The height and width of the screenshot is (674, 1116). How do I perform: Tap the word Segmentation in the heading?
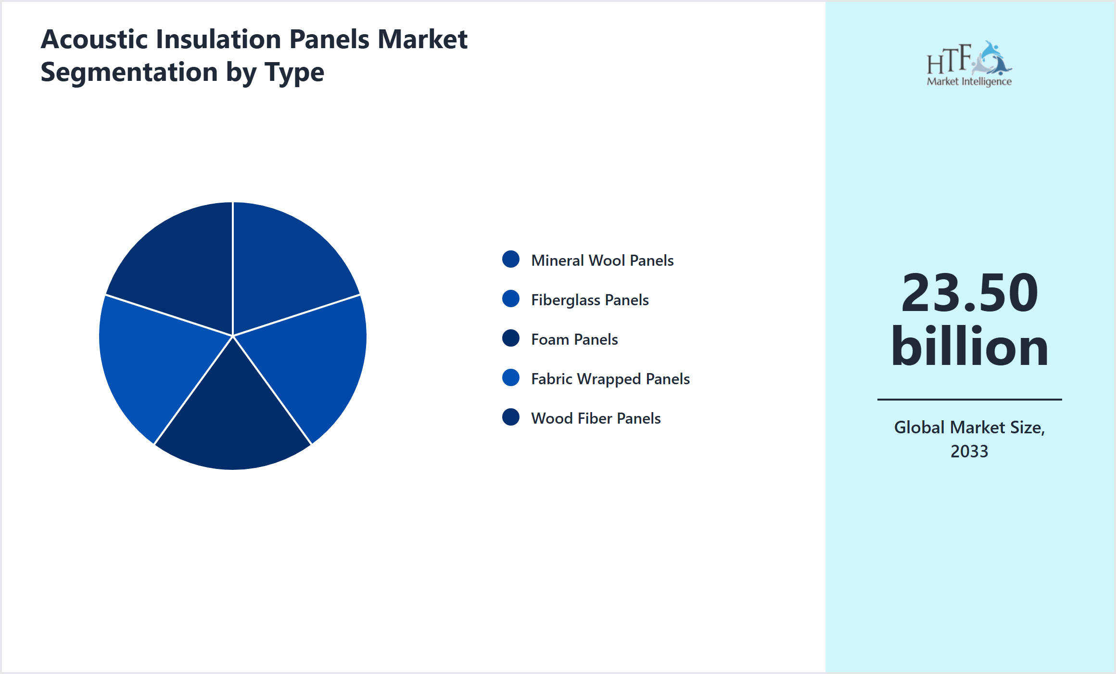click(129, 72)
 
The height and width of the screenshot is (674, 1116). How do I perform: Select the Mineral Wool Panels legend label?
click(602, 260)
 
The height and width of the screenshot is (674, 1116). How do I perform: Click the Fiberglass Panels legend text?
click(590, 300)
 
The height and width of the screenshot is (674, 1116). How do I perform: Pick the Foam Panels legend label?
click(574, 339)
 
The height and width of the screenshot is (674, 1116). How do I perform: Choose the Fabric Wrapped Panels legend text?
click(610, 379)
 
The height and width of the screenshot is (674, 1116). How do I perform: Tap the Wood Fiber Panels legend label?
click(596, 418)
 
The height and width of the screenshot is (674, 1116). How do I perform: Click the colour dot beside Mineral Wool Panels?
click(510, 259)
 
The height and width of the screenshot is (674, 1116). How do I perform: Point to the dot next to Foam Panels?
click(510, 338)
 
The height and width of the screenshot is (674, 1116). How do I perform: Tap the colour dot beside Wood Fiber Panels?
click(510, 417)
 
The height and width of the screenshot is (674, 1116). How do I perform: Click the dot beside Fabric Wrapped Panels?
click(510, 377)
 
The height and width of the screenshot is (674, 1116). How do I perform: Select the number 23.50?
click(969, 293)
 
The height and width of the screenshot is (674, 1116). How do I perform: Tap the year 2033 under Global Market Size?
click(969, 452)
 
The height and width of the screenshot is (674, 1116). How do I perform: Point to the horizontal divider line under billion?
click(969, 399)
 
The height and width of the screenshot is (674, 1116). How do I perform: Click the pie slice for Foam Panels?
click(233, 419)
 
